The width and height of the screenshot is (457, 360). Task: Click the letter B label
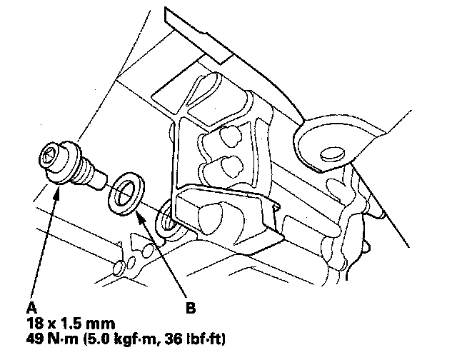tap(190, 309)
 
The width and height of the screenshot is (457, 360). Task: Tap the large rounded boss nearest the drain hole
tap(214, 213)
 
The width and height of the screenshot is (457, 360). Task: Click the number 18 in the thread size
tap(33, 323)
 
